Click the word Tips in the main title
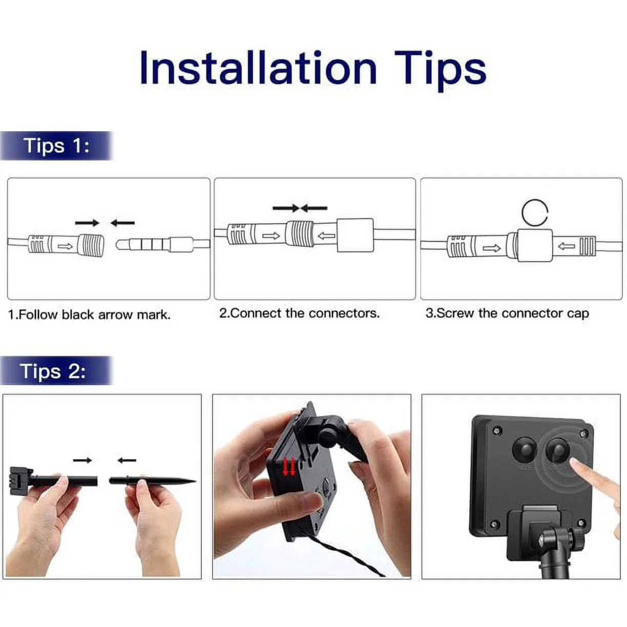tap(440, 71)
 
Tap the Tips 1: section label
tap(56, 145)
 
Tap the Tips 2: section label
tap(53, 370)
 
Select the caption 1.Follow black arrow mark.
tap(90, 315)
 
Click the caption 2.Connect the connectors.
tap(299, 313)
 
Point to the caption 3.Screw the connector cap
tap(507, 313)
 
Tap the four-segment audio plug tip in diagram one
tap(143, 245)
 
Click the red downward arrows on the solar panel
tap(288, 467)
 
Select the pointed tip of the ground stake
tap(195, 481)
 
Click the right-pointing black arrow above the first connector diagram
tap(87, 223)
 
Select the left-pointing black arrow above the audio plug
tap(122, 223)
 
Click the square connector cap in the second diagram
tap(355, 235)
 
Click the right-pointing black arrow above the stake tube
tap(82, 460)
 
